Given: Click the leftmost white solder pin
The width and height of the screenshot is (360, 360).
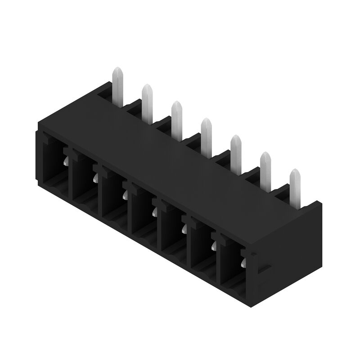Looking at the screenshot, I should [x=117, y=85].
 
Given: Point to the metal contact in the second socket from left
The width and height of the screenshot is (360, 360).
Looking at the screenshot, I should [x=96, y=179].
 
